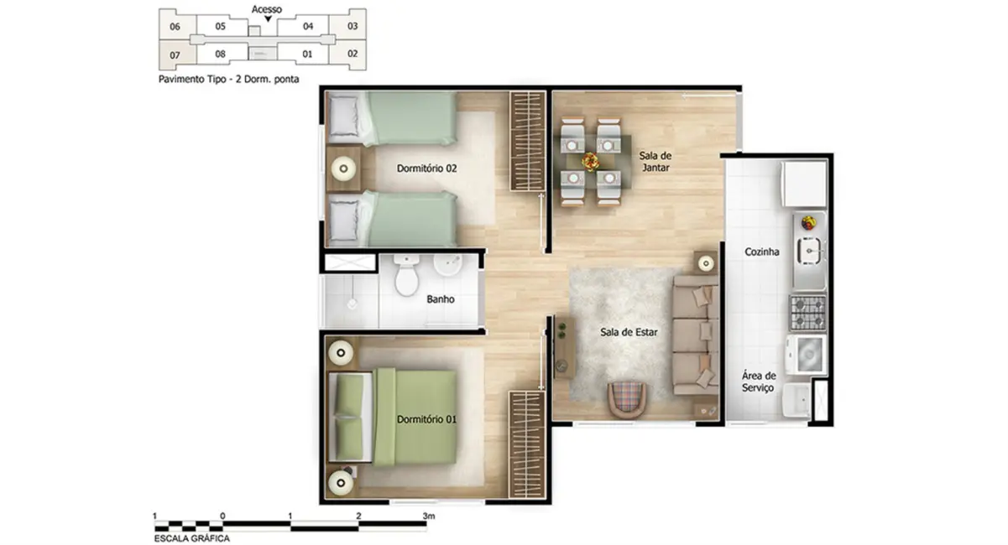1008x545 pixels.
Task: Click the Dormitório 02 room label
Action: click(426, 169)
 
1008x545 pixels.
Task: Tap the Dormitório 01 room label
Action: click(426, 419)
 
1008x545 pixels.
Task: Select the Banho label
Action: click(441, 298)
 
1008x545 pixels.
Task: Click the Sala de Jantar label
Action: click(655, 162)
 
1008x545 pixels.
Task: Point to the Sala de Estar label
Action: click(629, 332)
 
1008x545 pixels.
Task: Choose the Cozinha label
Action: click(762, 252)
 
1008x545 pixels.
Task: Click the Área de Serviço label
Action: click(758, 382)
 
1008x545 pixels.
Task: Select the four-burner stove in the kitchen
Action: click(807, 312)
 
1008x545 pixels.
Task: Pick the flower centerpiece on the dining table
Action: click(591, 160)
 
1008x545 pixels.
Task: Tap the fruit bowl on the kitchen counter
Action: click(807, 223)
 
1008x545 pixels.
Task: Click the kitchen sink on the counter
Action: click(810, 250)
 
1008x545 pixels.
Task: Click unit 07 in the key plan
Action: click(175, 56)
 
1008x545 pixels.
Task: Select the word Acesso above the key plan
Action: click(267, 10)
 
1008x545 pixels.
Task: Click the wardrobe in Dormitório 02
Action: click(528, 141)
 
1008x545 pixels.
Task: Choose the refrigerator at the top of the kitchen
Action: click(804, 184)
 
